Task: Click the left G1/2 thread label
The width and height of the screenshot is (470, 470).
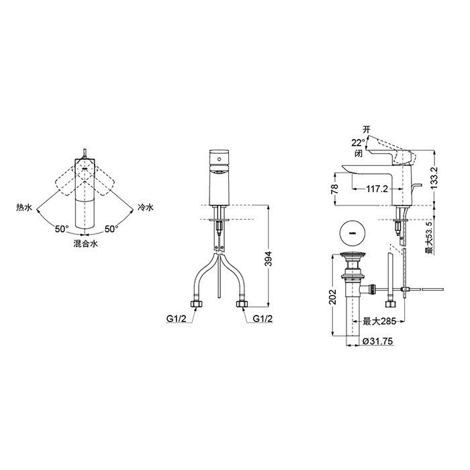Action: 176,319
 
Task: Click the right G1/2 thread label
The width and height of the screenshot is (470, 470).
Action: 262,319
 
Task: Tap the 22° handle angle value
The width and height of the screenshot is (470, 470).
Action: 357,142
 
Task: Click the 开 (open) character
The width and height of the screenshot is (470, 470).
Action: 367,128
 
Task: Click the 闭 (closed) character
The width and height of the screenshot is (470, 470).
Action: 361,152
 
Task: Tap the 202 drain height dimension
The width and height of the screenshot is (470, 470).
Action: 331,297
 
